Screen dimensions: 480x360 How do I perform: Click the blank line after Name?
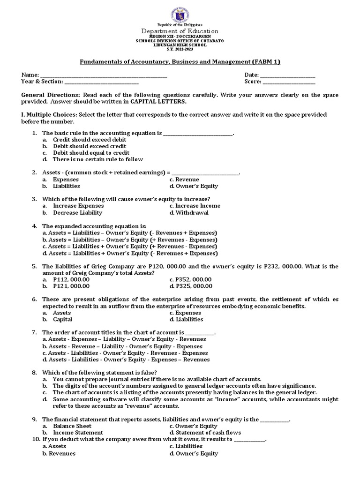click(104, 75)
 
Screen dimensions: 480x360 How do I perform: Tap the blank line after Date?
click(287, 75)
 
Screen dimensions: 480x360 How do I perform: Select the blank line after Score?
click(289, 82)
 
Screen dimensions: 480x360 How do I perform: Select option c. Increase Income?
click(195, 206)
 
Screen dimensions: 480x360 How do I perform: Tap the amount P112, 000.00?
click(71, 279)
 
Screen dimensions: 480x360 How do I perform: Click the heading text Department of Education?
click(180, 30)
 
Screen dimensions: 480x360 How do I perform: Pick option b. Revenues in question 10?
click(59, 453)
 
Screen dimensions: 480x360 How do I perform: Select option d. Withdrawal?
click(189, 212)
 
